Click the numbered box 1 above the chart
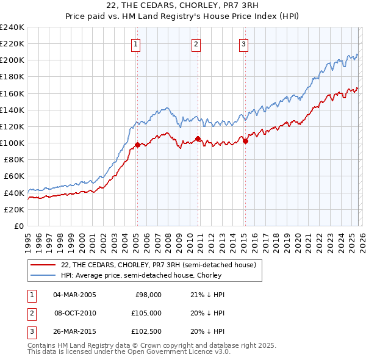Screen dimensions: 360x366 [x=135, y=43]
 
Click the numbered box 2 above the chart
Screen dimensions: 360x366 [x=196, y=43]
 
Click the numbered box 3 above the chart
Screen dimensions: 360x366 [x=243, y=43]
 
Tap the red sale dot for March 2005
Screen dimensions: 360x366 [x=137, y=145]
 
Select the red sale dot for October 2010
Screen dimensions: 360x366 [x=198, y=139]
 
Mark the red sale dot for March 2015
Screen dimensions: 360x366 [x=246, y=141]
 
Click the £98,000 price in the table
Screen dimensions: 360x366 [x=148, y=294]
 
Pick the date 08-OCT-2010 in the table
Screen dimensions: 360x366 [x=75, y=312]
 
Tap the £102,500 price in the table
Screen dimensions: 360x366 [x=146, y=331]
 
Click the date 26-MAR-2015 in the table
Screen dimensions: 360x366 [x=75, y=331]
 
